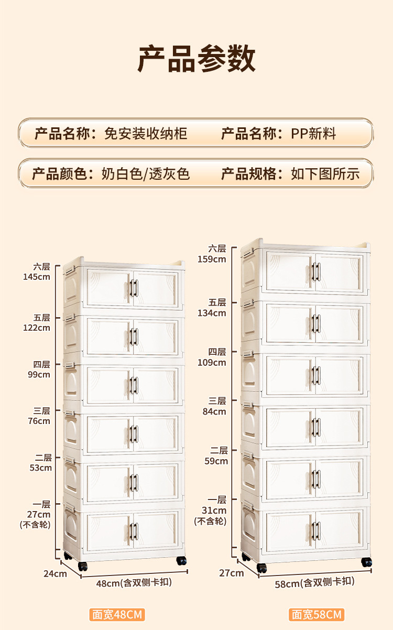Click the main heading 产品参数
point(196,59)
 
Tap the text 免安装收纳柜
point(146,134)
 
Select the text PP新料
point(313,134)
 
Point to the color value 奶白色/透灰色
point(145,173)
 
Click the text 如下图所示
point(325,173)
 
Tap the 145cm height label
point(37,277)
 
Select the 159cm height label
point(212,259)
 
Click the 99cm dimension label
point(40,375)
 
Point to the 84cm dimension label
point(215,411)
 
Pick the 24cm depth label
point(55,573)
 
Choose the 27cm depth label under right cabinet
point(232,573)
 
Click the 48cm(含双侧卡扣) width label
point(134,583)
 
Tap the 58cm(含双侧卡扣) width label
point(314,582)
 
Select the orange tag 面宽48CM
point(116,614)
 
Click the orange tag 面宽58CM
point(316,614)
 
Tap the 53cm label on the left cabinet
point(41,468)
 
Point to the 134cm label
point(212,313)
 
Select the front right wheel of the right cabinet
point(366,562)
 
